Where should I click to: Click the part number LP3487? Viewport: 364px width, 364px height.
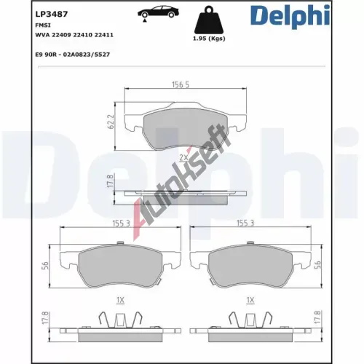pos(52,14)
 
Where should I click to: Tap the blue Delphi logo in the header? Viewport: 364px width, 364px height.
pos(290,16)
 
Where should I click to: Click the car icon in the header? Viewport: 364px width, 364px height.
pos(158,12)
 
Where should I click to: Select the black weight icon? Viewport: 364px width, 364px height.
pos(209,20)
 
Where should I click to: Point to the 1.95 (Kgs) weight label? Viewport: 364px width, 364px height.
pos(209,39)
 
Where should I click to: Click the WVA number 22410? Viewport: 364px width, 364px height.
pos(82,35)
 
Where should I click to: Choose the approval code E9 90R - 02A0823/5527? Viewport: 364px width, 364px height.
pos(73,55)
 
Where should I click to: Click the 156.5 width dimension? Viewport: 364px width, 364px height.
pos(181,84)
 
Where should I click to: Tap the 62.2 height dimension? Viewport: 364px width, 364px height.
pos(111,122)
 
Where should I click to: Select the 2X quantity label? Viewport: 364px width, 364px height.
pos(183,157)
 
